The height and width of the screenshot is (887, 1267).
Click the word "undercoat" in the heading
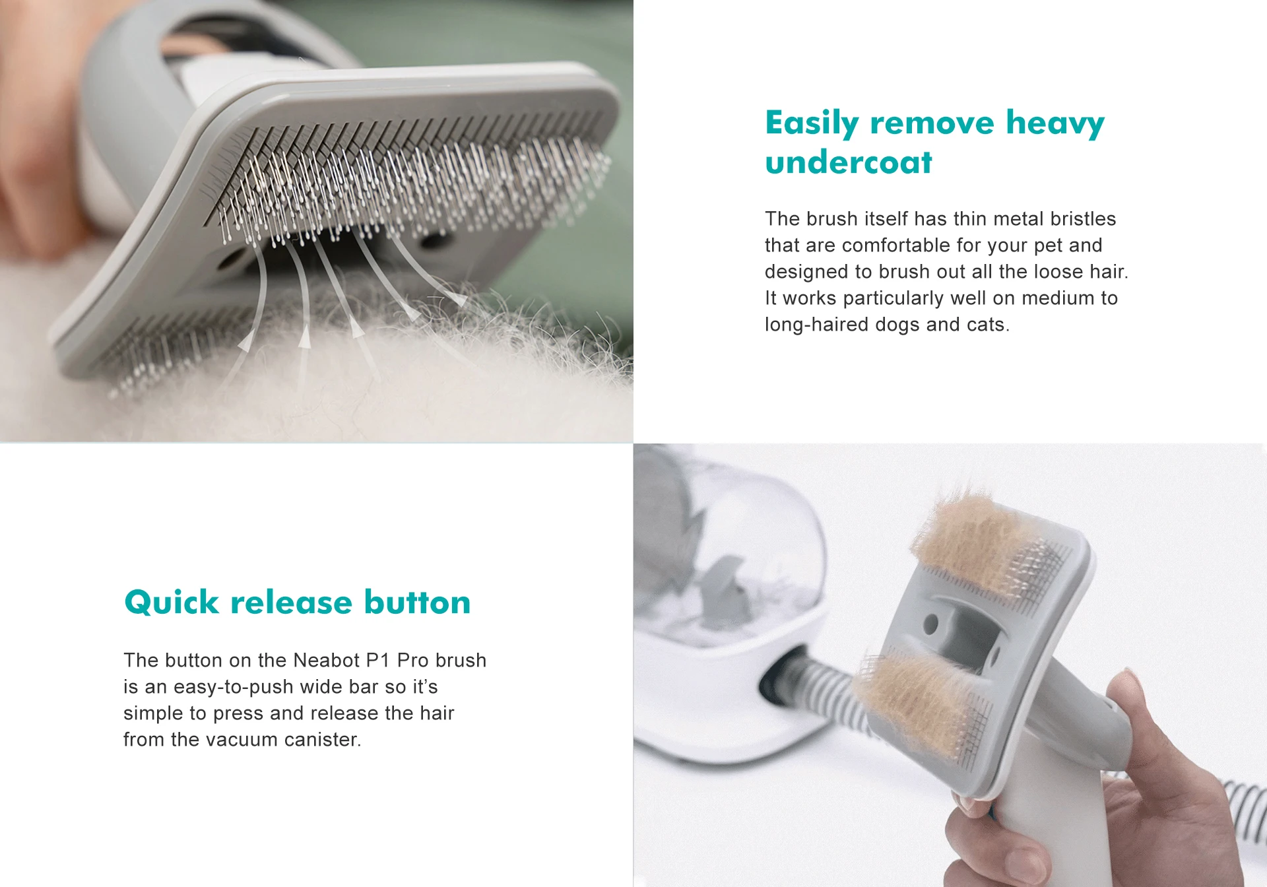click(849, 163)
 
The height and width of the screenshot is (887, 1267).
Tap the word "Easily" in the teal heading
click(812, 123)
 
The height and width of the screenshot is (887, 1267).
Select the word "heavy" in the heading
click(1055, 123)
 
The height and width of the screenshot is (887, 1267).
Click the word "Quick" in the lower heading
click(171, 603)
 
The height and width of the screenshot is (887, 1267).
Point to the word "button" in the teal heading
click(417, 603)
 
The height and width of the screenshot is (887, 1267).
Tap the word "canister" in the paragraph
click(321, 740)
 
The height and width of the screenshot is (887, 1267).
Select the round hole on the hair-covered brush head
click(930, 622)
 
